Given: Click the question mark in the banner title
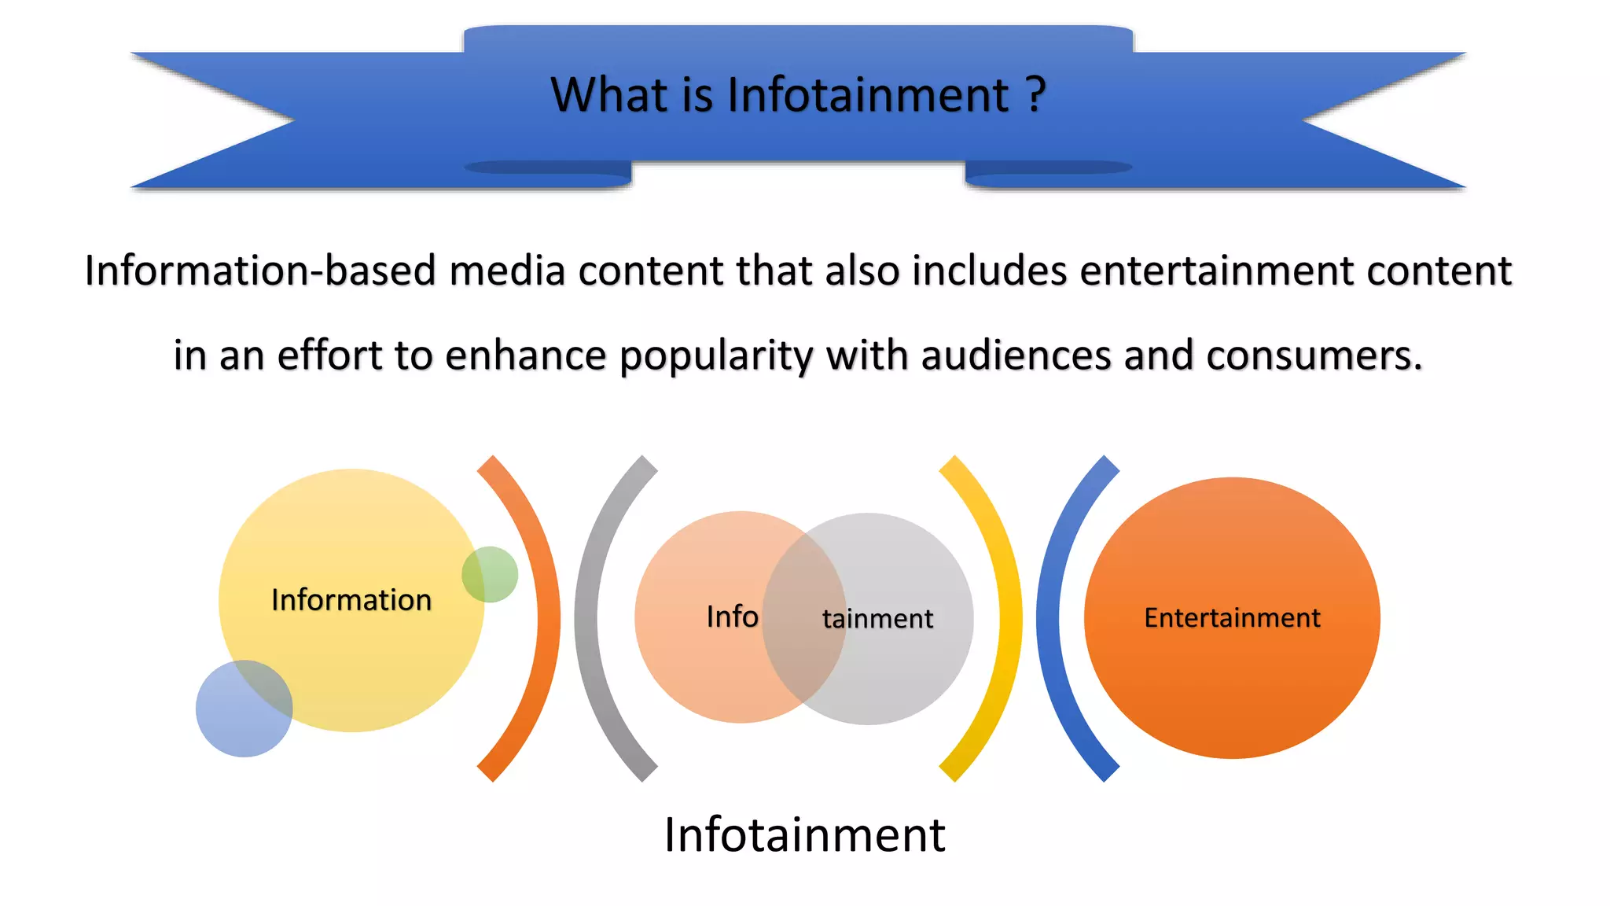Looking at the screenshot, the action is pos(1036,95).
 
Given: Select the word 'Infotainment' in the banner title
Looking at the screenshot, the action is pos(868,95).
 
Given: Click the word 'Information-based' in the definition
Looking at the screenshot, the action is pos(259,271).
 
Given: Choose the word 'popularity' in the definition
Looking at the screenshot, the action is pos(715,355).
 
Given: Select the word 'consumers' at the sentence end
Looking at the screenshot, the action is pos(1313,355).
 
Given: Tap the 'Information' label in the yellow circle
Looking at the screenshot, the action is pos(351,600).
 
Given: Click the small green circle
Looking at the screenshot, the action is pos(490,574).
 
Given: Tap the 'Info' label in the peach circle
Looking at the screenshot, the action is pos(732,617).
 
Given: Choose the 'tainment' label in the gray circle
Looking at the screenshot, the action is pos(877,619).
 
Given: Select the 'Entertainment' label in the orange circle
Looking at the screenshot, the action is pos(1232,618).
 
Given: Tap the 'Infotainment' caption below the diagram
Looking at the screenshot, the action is pos(804,834).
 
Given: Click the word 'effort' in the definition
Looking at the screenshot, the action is pos(329,355).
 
